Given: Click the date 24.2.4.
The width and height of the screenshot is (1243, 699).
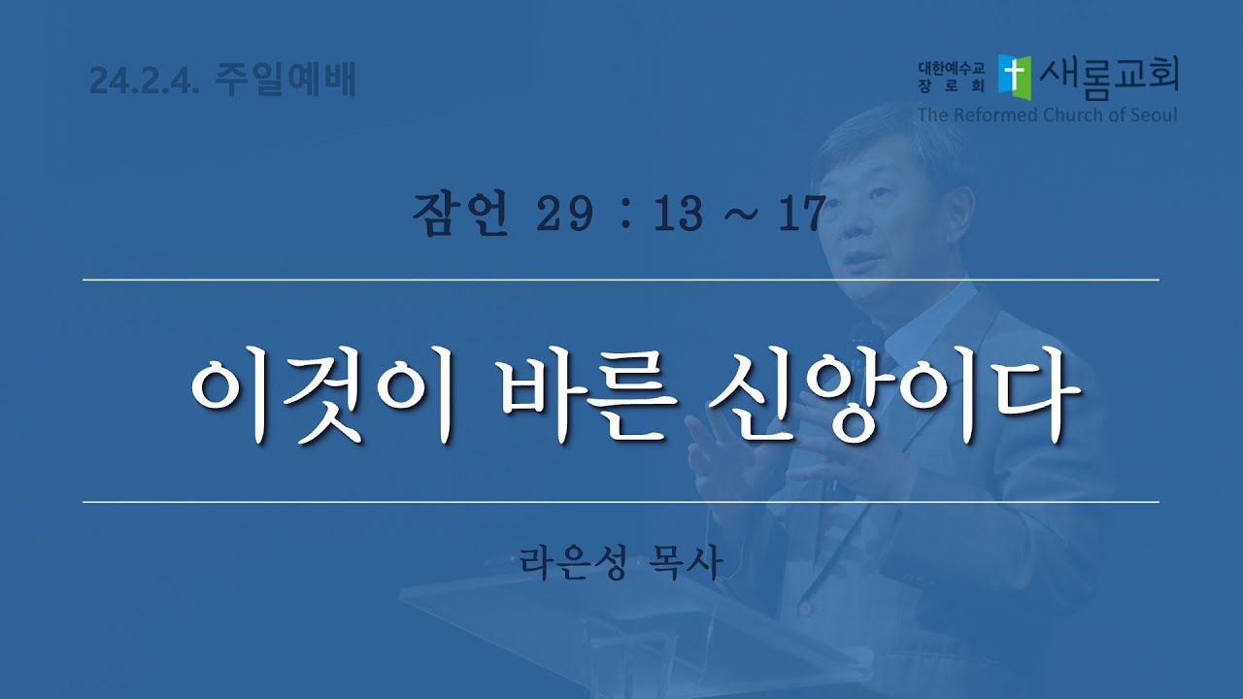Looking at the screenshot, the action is pyautogui.click(x=144, y=81).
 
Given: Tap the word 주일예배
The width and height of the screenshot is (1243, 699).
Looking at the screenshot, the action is pyautogui.click(x=285, y=80).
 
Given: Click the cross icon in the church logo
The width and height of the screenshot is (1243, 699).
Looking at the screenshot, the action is pyautogui.click(x=1015, y=77).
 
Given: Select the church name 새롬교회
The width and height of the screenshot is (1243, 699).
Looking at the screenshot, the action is pyautogui.click(x=1109, y=78).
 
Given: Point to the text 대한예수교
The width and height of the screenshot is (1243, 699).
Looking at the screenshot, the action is pyautogui.click(x=951, y=68).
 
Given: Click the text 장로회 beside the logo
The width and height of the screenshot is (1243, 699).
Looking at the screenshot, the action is pyautogui.click(x=951, y=85).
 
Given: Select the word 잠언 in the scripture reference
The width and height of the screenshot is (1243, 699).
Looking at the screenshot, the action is pyautogui.click(x=460, y=215).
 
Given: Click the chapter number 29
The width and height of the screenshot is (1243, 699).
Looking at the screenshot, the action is pyautogui.click(x=564, y=215).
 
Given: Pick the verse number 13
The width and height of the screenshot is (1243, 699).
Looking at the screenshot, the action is pyautogui.click(x=678, y=215).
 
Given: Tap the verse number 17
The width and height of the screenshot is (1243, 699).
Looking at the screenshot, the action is pyautogui.click(x=801, y=215).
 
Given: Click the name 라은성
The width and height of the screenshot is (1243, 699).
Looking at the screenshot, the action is pyautogui.click(x=573, y=562).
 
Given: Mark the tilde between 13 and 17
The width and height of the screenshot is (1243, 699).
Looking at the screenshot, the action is pyautogui.click(x=740, y=216).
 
